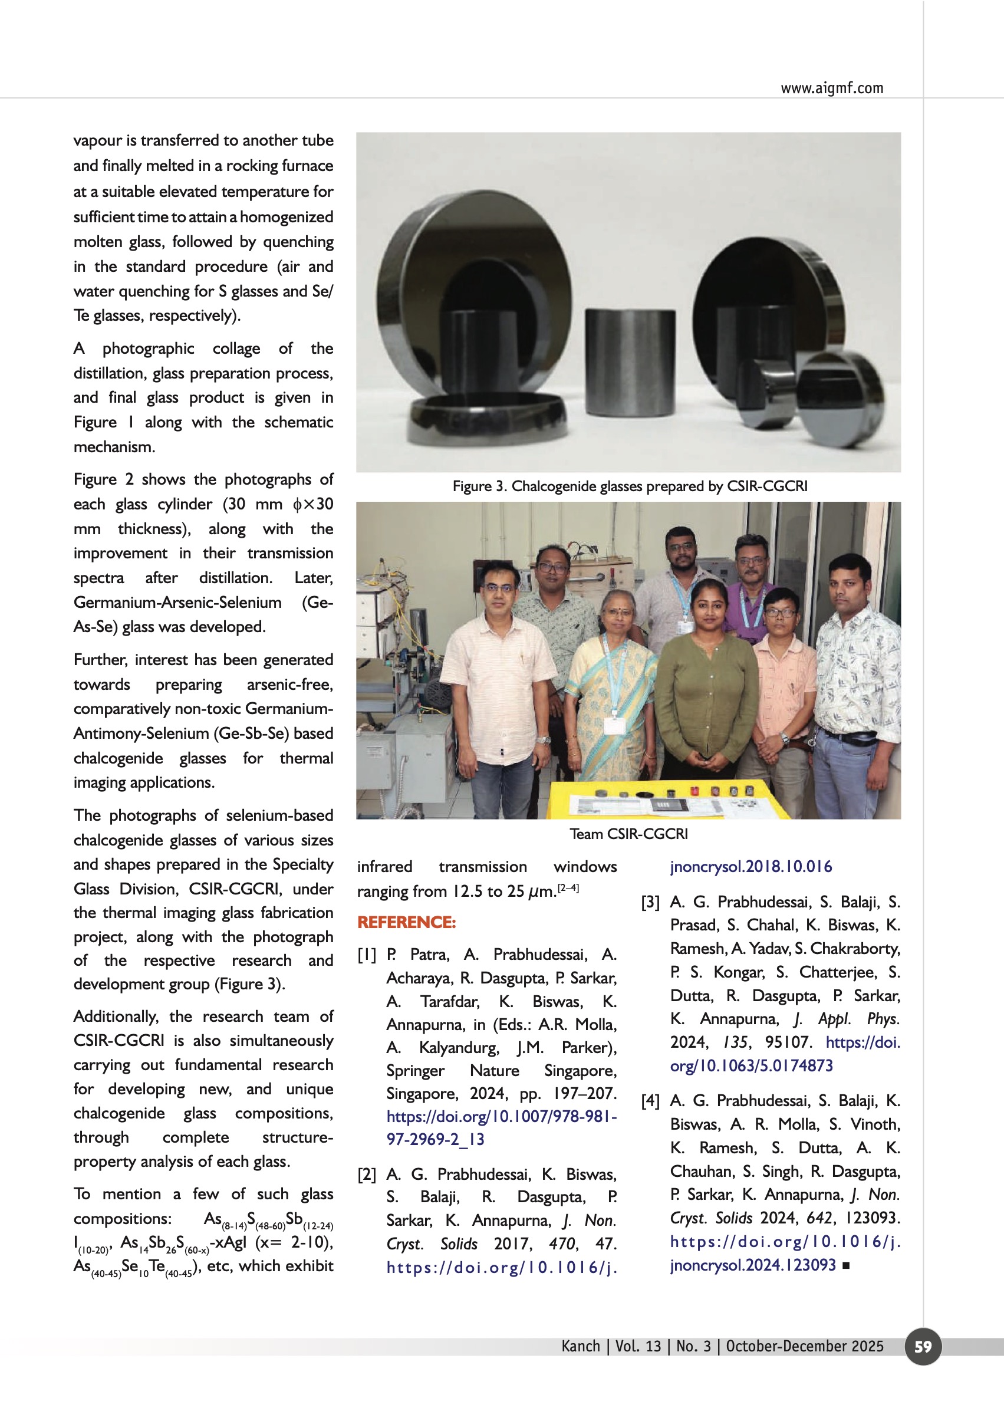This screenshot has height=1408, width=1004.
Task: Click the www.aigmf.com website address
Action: [x=831, y=88]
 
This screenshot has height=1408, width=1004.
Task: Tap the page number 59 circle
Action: [x=923, y=1346]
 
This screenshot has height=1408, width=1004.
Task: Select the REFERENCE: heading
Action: [x=406, y=922]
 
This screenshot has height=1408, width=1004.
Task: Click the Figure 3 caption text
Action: [x=630, y=486]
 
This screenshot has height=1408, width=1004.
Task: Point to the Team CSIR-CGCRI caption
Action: [x=628, y=834]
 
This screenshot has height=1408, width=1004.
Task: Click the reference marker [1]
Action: [x=367, y=955]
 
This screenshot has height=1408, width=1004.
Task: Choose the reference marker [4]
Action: [x=650, y=1101]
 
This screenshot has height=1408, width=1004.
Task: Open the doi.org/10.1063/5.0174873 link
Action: [x=785, y=1054]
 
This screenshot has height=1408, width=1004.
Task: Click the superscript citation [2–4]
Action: [x=568, y=888]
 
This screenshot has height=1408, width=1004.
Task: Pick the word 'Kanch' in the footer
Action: [x=581, y=1346]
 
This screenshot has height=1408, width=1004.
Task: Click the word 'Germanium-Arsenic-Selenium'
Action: [x=177, y=602]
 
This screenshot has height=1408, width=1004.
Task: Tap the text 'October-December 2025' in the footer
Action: [x=804, y=1346]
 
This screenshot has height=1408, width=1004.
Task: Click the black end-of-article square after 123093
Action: [x=846, y=1266]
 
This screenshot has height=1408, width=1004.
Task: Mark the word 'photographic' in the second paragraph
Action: [x=149, y=348]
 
